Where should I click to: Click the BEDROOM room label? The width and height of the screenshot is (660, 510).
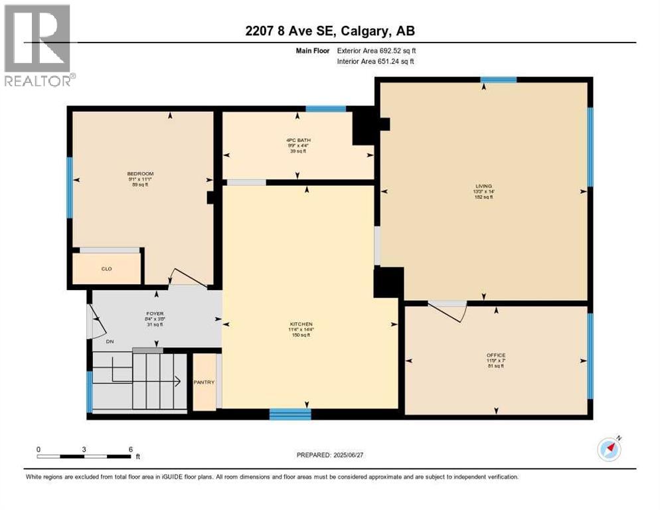click(x=140, y=174)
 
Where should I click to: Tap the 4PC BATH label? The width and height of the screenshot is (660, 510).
click(x=298, y=140)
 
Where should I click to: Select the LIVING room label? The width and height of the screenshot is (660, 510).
click(x=483, y=186)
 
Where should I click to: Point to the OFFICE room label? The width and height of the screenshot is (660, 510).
click(x=495, y=355)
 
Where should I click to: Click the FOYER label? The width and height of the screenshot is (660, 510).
click(x=155, y=313)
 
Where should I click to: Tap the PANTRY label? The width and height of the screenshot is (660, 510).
click(x=204, y=382)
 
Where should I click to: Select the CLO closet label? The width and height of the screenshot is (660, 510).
click(x=106, y=269)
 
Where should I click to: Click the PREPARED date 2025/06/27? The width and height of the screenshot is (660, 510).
click(x=331, y=455)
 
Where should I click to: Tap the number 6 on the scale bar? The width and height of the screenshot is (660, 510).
click(x=130, y=449)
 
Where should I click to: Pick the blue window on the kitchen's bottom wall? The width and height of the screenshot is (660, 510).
click(x=290, y=414)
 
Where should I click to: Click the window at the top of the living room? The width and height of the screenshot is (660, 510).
click(x=498, y=80)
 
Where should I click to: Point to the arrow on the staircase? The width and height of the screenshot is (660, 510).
click(x=177, y=381)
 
